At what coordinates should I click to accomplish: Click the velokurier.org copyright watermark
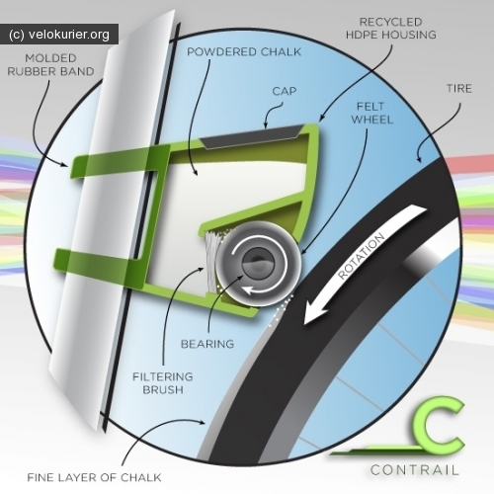pyautogui.click(x=59, y=35)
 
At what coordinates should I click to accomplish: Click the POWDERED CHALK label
pyautogui.click(x=244, y=52)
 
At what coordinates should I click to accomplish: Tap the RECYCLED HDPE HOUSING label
pyautogui.click(x=391, y=29)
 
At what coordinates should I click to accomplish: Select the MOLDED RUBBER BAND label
pyautogui.click(x=50, y=65)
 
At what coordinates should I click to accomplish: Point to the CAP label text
pyautogui.click(x=285, y=91)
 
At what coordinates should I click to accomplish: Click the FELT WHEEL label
pyautogui.click(x=371, y=113)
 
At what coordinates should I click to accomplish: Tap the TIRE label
pyautogui.click(x=459, y=89)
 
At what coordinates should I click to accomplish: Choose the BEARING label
pyautogui.click(x=207, y=344)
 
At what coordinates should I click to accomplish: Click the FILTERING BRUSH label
pyautogui.click(x=163, y=383)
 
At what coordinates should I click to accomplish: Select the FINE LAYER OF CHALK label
pyautogui.click(x=94, y=477)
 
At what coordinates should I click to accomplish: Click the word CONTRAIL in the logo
pyautogui.click(x=415, y=470)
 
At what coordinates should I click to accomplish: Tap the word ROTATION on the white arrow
pyautogui.click(x=362, y=256)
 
